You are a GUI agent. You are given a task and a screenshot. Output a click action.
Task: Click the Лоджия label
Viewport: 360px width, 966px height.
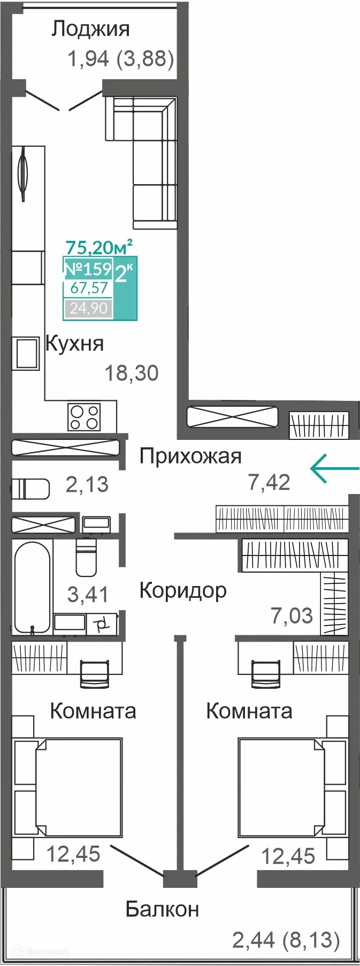(90, 29)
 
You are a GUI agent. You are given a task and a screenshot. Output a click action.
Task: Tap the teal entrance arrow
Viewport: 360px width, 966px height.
(334, 468)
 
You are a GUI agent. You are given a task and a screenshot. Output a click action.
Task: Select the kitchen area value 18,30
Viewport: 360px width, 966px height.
(132, 373)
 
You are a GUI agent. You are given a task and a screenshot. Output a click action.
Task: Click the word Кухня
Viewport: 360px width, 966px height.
(75, 344)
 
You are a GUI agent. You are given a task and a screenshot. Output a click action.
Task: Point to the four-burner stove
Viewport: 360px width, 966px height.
(84, 417)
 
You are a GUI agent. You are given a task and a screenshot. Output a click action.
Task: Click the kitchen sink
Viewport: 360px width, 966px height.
(26, 353)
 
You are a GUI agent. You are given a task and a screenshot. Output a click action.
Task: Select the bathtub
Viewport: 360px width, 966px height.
(32, 587)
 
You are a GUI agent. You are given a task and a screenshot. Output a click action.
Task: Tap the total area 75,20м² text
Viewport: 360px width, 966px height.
(99, 247)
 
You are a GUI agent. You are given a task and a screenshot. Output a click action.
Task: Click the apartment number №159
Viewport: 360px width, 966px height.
(88, 269)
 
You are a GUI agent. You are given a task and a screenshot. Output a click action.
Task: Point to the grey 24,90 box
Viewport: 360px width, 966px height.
(89, 308)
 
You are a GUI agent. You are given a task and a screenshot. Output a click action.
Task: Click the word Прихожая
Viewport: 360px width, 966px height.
(190, 457)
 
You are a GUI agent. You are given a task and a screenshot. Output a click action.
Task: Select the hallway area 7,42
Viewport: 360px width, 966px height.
(269, 483)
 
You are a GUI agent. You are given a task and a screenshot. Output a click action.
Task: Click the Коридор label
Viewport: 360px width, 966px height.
(183, 590)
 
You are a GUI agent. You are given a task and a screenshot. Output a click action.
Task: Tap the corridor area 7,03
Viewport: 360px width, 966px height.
(292, 616)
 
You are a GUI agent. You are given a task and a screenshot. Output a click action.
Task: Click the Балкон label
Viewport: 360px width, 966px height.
(162, 909)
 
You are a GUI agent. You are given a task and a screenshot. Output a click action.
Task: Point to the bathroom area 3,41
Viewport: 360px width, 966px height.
(88, 595)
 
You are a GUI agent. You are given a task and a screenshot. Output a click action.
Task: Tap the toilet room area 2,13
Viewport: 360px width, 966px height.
(87, 485)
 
